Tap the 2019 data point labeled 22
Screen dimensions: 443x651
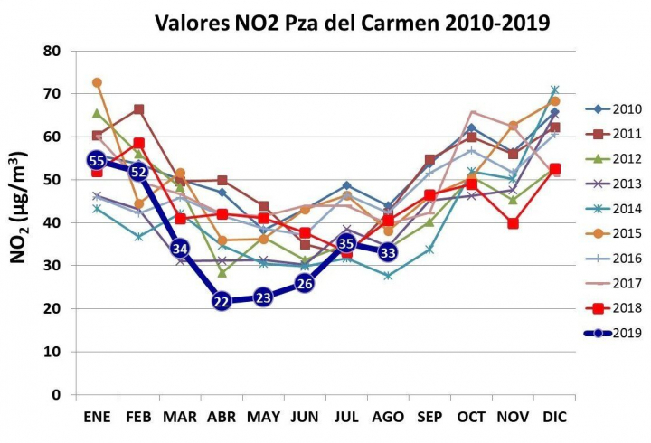click(222, 301)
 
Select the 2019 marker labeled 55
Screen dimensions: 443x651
click(97, 160)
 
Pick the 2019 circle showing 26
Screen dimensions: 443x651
click(305, 284)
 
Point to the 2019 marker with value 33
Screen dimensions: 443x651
click(387, 252)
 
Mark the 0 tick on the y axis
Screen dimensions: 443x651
click(56, 395)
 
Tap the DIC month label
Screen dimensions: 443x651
click(553, 417)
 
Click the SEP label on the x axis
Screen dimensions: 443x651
click(429, 417)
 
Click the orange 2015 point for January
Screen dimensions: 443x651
click(97, 82)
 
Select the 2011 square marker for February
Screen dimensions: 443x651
click(138, 109)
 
